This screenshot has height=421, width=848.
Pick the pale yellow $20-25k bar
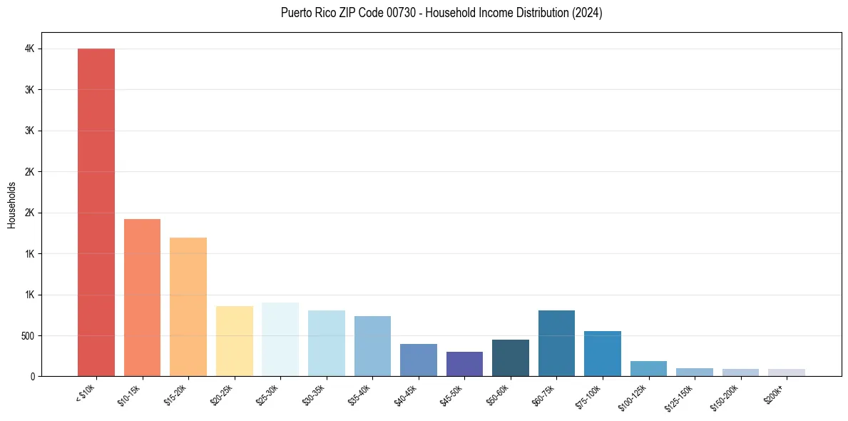235,341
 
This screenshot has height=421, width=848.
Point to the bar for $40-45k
419,360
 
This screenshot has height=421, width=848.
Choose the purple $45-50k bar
464,364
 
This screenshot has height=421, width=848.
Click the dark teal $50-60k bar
511,357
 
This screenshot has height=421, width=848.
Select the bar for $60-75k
556,343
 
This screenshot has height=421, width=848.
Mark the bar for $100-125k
648,368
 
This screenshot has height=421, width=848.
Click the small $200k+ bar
787,372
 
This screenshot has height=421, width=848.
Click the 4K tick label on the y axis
29,49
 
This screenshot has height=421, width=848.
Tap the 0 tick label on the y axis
33,376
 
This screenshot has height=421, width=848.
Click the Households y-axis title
11,205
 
